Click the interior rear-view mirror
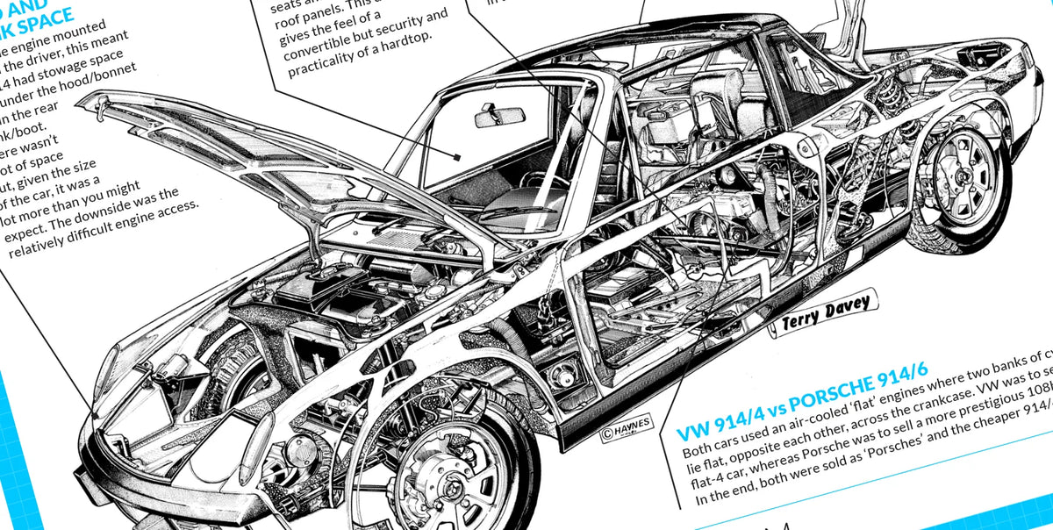[x=499, y=116]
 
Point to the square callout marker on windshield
[x=457, y=156]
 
